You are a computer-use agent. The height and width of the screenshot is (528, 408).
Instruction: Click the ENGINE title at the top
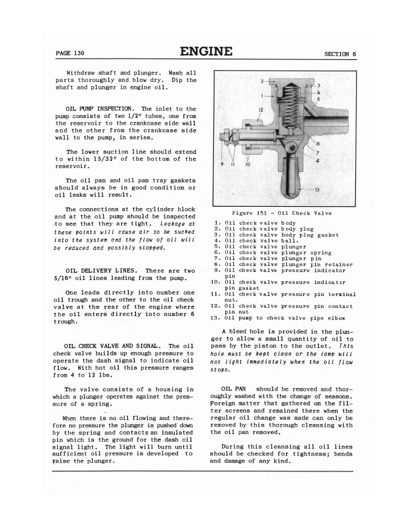tap(206, 51)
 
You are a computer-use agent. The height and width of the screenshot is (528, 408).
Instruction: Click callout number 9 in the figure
tap(222, 164)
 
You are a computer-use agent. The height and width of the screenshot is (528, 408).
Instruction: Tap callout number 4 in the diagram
tap(317, 160)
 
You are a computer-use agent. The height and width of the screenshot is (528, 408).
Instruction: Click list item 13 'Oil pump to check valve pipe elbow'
tap(281, 318)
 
